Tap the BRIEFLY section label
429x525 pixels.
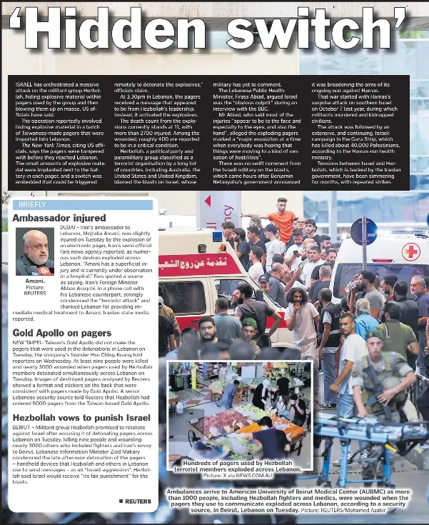[33, 205]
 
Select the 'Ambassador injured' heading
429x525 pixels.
[59, 217]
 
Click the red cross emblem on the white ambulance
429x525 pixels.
[410, 251]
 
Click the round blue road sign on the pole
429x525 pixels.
[363, 231]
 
